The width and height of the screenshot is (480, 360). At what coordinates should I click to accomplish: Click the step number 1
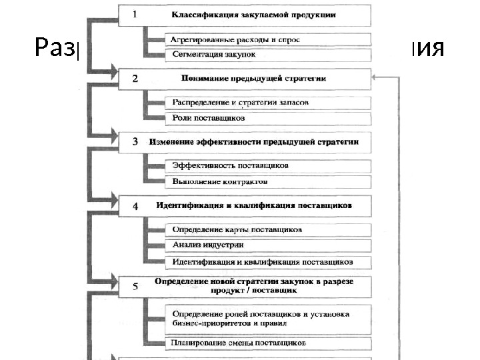pyautogui.click(x=135, y=14)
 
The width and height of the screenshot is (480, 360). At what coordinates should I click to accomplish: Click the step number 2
pyautogui.click(x=135, y=79)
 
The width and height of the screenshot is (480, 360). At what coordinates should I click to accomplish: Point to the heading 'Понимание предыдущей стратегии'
pyautogui.click(x=253, y=79)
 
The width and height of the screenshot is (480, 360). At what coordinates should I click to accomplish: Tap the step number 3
pyautogui.click(x=135, y=142)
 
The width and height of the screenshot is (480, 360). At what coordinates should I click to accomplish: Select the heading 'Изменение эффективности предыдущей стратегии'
pyautogui.click(x=255, y=142)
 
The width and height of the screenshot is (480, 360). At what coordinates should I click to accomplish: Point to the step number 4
pyautogui.click(x=135, y=206)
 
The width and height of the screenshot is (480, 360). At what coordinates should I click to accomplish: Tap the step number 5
pyautogui.click(x=135, y=287)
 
